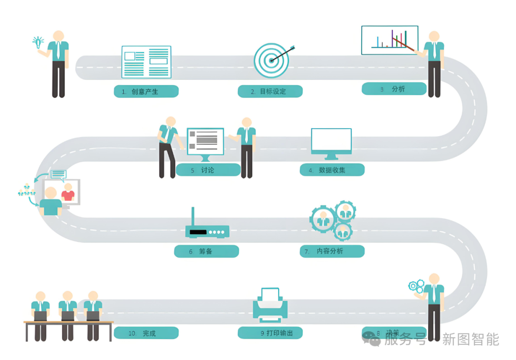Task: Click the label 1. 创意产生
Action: point(146,91)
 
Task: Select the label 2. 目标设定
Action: point(270,91)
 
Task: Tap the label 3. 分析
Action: point(394,89)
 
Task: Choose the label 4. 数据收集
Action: point(332,170)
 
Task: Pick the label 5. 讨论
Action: point(208,170)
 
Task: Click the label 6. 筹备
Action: point(206,251)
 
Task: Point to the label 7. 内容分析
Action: point(332,251)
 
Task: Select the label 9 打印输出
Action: point(270,333)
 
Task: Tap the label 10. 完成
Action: point(146,333)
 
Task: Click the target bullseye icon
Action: point(271,60)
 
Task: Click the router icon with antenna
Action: point(207,227)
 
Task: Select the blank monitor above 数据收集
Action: point(331,143)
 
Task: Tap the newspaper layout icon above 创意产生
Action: point(146,61)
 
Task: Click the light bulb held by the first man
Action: point(38,42)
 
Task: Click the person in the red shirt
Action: point(68,192)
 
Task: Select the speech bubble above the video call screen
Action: point(58,174)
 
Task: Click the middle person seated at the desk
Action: point(68,306)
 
